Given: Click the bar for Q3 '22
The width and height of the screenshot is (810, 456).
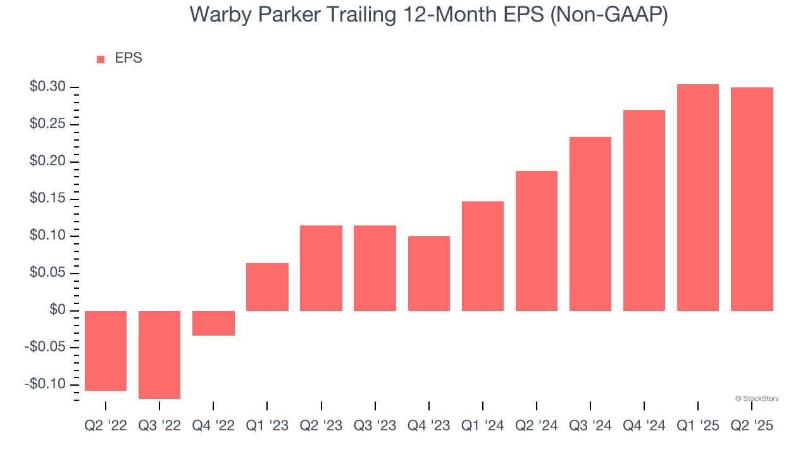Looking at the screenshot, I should pos(159,355).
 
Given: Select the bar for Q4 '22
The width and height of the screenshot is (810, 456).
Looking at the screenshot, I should pos(213,323).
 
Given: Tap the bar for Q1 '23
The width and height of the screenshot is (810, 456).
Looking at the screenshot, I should pos(267,287).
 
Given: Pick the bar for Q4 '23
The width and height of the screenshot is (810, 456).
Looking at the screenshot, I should pos(429,274).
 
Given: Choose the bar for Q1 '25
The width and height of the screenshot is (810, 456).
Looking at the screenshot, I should pos(698,198).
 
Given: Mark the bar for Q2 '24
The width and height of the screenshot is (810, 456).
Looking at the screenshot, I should pos(537,241).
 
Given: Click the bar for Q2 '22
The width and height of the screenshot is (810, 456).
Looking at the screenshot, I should pos(106,351).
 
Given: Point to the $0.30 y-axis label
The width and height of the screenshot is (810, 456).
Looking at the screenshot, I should pos(47,87).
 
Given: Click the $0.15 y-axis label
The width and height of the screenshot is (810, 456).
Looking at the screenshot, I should pos(47,199).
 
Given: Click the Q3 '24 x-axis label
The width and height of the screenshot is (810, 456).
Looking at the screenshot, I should pos(590,426).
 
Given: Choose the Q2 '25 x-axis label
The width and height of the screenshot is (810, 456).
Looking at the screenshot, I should pos(752,426).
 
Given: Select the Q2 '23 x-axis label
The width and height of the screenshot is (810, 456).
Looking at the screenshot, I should pos(321,426).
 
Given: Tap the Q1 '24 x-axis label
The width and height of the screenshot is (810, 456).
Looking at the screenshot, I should pos(483,426).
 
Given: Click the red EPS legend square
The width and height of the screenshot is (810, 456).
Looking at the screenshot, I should pos(101,60).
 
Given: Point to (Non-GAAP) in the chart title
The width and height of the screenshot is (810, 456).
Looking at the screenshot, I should pos(609,15).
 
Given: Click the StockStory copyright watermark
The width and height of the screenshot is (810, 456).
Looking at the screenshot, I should pos(757,399).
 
